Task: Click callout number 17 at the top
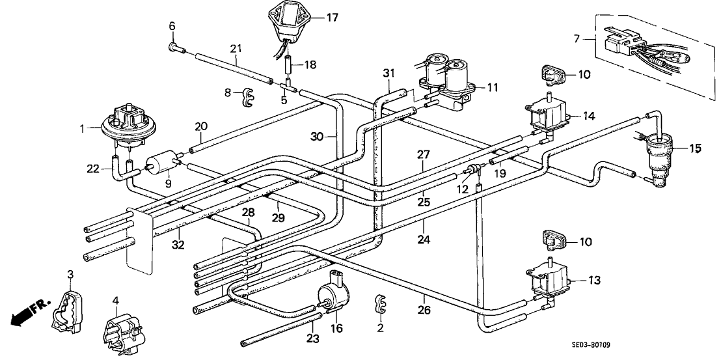pyautogui.click(x=333, y=18)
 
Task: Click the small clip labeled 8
pyautogui.click(x=245, y=96)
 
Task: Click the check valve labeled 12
pyautogui.click(x=473, y=171)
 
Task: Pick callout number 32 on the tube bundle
pyautogui.click(x=178, y=244)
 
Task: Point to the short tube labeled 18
pyautogui.click(x=287, y=66)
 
